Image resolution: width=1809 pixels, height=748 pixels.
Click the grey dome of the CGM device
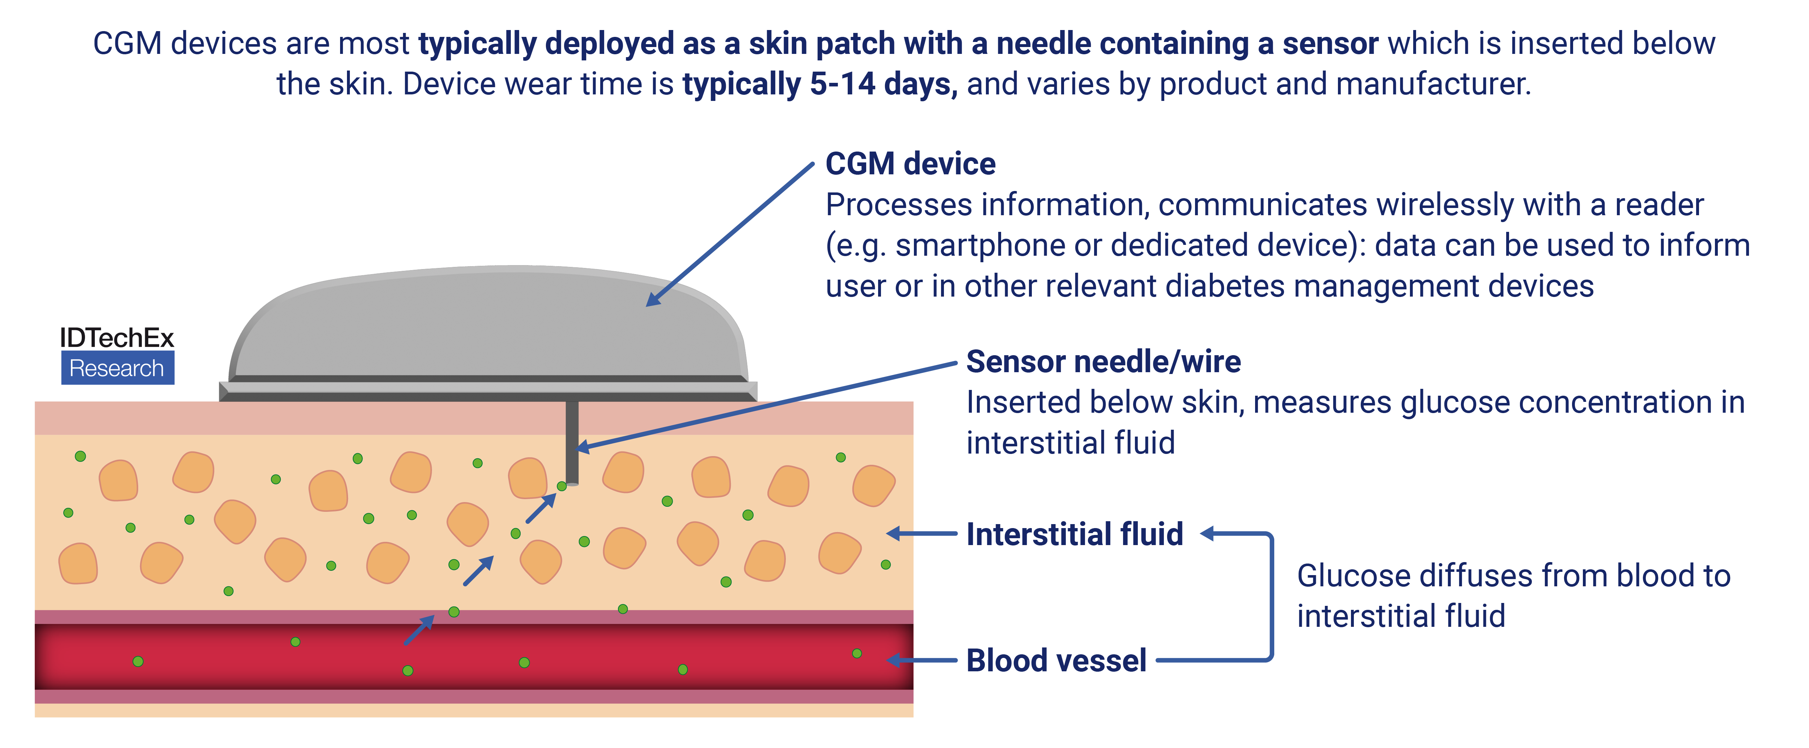[x=484, y=323]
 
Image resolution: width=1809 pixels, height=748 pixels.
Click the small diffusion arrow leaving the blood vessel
[x=419, y=630]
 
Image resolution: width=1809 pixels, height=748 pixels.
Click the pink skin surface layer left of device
[x=126, y=418]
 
